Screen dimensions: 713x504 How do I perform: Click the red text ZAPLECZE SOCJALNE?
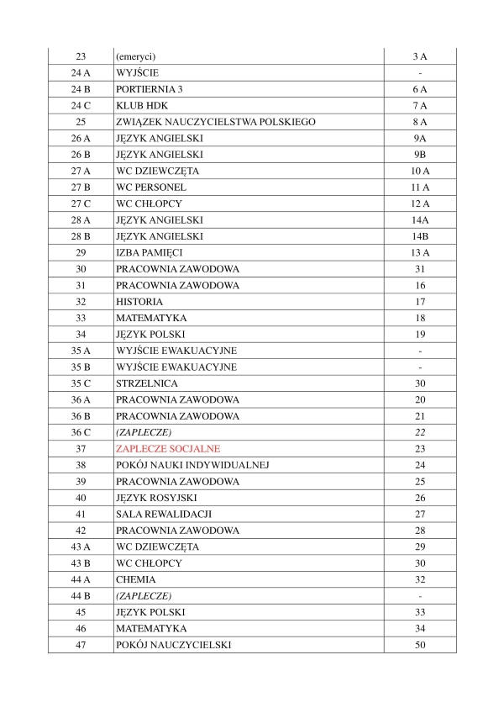point(168,449)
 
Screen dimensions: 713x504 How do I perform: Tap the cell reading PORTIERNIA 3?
point(150,89)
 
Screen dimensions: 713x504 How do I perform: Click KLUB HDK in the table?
point(139,105)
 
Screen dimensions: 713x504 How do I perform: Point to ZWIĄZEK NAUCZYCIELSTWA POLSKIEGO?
point(216,122)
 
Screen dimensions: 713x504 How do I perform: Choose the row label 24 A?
point(81,73)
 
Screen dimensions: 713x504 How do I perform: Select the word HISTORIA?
point(139,302)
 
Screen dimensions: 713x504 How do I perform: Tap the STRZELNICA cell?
point(146,383)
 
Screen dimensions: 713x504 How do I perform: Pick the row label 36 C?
point(81,433)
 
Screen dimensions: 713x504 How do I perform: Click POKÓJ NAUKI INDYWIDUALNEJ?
point(192,466)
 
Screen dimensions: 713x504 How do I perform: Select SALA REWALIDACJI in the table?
point(163,515)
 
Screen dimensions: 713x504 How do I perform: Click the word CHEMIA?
point(136,580)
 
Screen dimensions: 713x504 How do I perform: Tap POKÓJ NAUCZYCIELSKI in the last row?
point(174,646)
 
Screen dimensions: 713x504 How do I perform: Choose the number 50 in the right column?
point(420,646)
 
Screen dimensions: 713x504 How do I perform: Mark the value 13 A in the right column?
point(420,253)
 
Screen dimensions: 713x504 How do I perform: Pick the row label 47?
point(81,646)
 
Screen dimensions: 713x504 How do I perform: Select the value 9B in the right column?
point(420,155)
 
